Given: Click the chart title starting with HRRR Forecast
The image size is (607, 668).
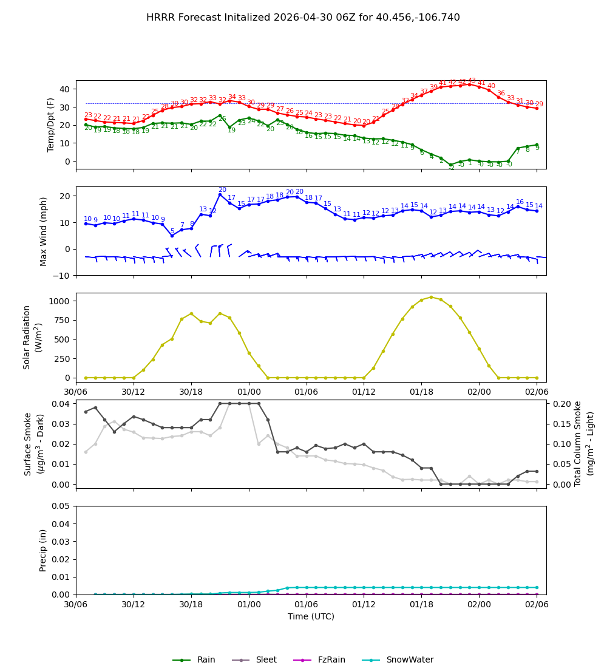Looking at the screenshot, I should pyautogui.click(x=303, y=18).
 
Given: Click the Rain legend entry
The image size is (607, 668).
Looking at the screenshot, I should pyautogui.click(x=194, y=660).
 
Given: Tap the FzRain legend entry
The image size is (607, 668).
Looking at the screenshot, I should pyautogui.click(x=319, y=660).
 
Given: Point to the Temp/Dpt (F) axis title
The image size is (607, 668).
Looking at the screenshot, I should pyautogui.click(x=51, y=124).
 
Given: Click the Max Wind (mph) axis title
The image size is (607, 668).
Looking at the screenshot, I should pyautogui.click(x=44, y=231).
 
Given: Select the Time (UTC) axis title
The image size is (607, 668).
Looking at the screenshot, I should pyautogui.click(x=311, y=616).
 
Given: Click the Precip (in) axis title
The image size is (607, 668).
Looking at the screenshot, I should pyautogui.click(x=44, y=550).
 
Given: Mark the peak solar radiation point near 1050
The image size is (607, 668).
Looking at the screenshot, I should pyautogui.click(x=431, y=297).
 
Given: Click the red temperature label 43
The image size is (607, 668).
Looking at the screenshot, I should pyautogui.click(x=472, y=81).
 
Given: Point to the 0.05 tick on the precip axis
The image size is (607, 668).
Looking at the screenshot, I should pyautogui.click(x=58, y=506).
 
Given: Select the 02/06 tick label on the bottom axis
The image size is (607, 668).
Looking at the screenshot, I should pyautogui.click(x=537, y=605).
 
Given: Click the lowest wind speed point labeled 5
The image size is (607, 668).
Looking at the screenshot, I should pyautogui.click(x=172, y=236).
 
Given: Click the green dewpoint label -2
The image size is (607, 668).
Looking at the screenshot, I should pyautogui.click(x=451, y=168).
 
